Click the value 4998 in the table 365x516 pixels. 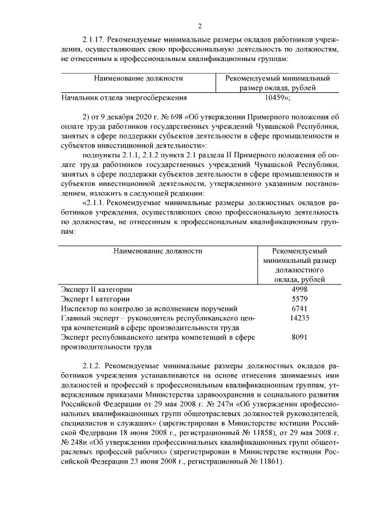(x=299, y=289)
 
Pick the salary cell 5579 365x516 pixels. (x=299, y=299)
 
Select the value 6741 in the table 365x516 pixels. (x=299, y=308)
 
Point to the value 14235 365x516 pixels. (x=299, y=318)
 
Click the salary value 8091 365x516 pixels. (x=299, y=338)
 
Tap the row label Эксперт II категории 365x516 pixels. (x=96, y=289)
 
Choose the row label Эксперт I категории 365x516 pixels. (x=95, y=299)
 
